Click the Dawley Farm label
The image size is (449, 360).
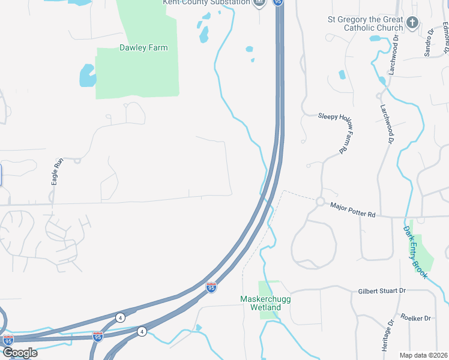[143, 47]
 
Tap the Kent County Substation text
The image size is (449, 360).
[206, 2]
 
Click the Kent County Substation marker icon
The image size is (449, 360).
[259, 3]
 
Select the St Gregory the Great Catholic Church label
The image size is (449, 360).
[365, 23]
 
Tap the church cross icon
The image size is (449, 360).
[412, 23]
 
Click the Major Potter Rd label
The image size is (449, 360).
[352, 210]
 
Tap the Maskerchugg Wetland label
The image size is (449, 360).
[261, 303]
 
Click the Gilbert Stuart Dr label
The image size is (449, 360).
[382, 291]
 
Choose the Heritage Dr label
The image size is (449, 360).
[387, 335]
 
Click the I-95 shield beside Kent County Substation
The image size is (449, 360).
[277, 2]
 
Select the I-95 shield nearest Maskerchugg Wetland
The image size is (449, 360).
[211, 288]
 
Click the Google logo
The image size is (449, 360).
[20, 352]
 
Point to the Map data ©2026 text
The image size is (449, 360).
[423, 355]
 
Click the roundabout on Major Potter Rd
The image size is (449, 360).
[321, 202]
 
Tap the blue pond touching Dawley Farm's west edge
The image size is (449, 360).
[88, 76]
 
